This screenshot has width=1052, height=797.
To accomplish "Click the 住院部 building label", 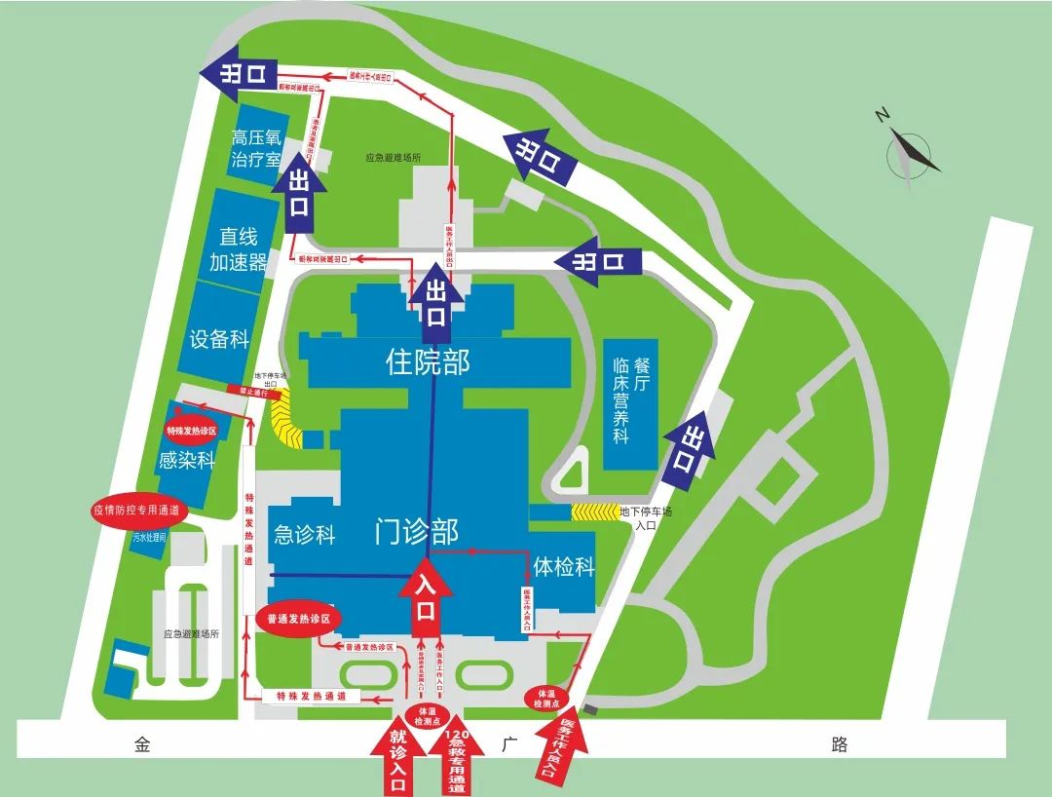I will click(429, 363).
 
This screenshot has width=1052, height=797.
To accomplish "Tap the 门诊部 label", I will click(417, 532).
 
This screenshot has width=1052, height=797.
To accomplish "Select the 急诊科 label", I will click(305, 534).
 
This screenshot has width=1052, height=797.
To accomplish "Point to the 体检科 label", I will click(563, 566).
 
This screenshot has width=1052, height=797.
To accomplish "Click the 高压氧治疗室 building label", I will click(255, 149).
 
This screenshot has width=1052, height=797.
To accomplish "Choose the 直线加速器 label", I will click(238, 248).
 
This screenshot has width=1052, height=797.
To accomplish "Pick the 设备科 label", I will click(219, 339).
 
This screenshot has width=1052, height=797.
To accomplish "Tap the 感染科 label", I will click(186, 460).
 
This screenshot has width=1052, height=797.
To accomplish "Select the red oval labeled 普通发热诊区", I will click(299, 620).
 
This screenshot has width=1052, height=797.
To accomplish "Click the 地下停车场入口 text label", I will click(646, 517).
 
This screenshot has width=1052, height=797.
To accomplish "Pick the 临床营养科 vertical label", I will click(621, 399).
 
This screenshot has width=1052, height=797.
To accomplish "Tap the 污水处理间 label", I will click(150, 537).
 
